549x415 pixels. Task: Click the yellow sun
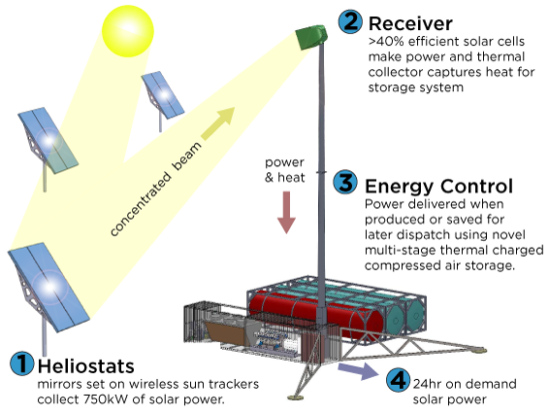point(128,31)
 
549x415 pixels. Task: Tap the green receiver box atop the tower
point(311,37)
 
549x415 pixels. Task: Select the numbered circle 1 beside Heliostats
point(22,363)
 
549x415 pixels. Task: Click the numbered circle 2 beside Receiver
point(350,21)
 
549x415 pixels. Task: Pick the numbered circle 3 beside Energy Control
point(345,183)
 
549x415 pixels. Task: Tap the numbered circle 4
point(399,380)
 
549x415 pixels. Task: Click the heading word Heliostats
point(86,366)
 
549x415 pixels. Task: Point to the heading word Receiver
point(410,23)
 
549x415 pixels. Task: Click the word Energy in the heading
point(400,188)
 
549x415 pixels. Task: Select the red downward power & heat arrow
point(286,212)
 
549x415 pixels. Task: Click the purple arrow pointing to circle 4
point(358,370)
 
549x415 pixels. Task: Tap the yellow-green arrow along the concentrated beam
point(218,124)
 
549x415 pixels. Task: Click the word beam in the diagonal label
point(187,156)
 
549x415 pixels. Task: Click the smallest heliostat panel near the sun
point(162,95)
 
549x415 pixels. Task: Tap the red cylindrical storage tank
point(309,315)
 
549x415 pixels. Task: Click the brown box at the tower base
point(225,331)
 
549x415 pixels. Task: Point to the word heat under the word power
point(291,178)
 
